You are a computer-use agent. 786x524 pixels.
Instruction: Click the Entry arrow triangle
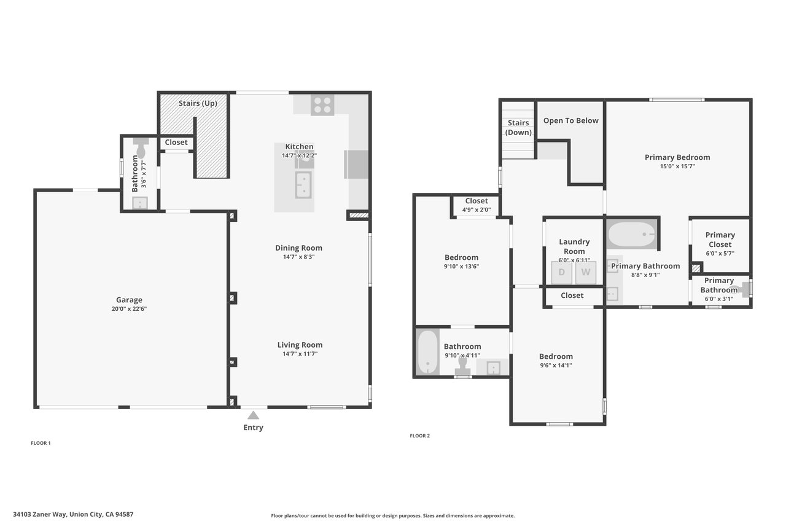click(x=253, y=415)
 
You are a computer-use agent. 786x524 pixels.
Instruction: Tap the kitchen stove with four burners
click(x=322, y=105)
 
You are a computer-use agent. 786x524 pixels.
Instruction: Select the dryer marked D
click(x=561, y=272)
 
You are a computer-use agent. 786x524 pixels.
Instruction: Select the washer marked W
click(x=586, y=272)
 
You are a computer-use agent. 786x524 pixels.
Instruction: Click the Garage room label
click(x=129, y=300)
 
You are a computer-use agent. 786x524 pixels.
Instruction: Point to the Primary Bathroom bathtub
click(x=632, y=234)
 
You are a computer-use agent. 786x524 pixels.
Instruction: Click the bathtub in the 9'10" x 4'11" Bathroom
click(x=427, y=352)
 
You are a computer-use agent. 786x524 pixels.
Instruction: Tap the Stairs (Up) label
click(x=198, y=103)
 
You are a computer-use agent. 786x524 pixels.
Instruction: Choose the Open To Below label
click(x=571, y=120)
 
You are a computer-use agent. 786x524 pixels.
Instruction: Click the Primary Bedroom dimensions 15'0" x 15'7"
click(x=677, y=166)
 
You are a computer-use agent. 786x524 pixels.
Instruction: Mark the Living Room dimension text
click(x=300, y=354)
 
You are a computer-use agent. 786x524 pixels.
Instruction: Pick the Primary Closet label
click(x=720, y=240)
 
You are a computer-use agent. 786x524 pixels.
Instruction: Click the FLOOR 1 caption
click(x=41, y=443)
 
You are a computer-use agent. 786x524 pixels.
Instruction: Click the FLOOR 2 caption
click(x=419, y=436)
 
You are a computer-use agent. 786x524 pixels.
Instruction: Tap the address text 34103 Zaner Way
click(x=40, y=514)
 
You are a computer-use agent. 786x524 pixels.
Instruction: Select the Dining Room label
click(x=298, y=248)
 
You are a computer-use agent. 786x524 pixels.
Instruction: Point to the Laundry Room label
click(x=574, y=246)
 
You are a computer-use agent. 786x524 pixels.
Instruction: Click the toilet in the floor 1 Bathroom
click(x=141, y=148)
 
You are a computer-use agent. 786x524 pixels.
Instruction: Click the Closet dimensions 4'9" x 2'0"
click(x=477, y=210)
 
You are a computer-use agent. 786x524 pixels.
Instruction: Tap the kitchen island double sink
click(x=303, y=185)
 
